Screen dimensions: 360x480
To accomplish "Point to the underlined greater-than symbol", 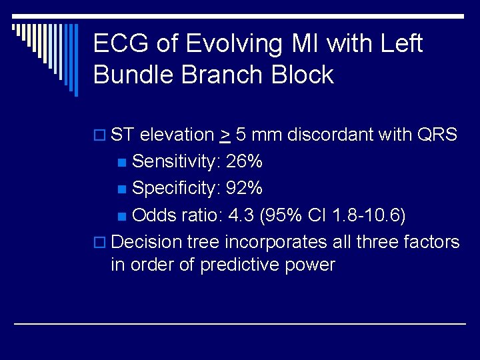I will click(225, 135).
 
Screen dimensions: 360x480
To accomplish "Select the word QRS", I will click(437, 135).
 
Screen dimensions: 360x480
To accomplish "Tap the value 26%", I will click(244, 162).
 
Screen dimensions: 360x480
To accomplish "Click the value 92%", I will click(244, 189).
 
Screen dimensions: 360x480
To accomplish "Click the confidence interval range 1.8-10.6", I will click(365, 215).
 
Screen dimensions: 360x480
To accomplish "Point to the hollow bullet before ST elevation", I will click(99, 136).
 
